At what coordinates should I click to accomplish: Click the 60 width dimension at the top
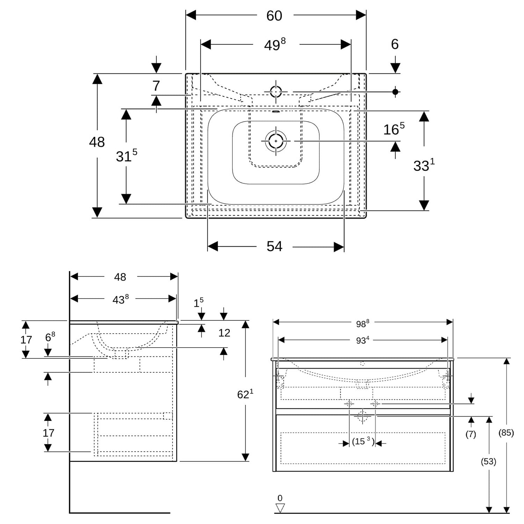[274, 16]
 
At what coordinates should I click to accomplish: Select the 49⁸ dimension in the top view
[275, 44]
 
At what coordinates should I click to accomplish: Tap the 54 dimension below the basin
[274, 246]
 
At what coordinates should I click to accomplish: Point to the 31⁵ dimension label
[126, 155]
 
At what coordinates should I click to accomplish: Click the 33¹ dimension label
[424, 165]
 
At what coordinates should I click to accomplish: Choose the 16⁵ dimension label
[394, 129]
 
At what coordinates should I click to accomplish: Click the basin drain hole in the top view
[276, 141]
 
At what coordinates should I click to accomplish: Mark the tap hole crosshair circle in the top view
[276, 92]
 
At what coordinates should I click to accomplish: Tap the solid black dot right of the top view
[395, 92]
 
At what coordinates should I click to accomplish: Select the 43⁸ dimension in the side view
[121, 299]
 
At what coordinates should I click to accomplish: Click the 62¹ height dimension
[245, 394]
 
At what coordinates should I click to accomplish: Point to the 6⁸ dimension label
[50, 337]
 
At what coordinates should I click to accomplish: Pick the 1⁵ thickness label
[198, 303]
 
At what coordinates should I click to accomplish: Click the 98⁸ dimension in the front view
[363, 323]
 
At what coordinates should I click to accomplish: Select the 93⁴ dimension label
[363, 340]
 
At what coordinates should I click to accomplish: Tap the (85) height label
[506, 432]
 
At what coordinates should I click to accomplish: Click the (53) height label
[488, 461]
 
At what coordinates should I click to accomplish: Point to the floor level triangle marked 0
[280, 508]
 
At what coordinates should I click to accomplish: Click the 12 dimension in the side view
[224, 333]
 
